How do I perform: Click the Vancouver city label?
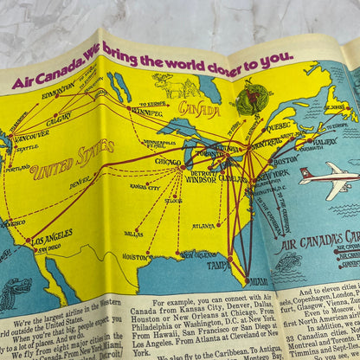(x=30, y=134)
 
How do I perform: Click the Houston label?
(x=134, y=256)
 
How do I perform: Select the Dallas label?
(x=133, y=233)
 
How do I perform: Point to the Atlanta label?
(x=203, y=227)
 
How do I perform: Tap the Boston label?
(x=286, y=160)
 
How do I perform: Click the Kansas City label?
(x=145, y=186)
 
